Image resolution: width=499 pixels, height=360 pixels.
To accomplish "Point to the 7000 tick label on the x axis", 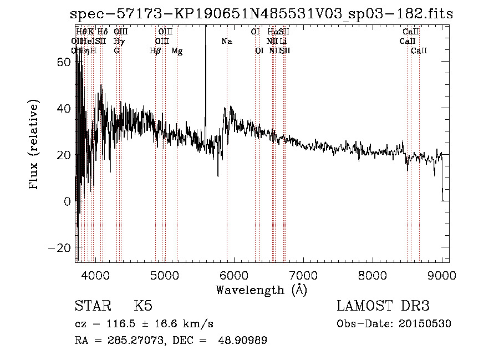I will click(x=303, y=275).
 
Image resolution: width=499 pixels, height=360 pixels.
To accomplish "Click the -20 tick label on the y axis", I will click(x=62, y=247).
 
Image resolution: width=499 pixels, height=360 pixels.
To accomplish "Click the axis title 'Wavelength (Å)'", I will click(x=261, y=290).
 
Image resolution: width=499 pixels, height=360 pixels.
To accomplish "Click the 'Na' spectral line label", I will click(x=227, y=42).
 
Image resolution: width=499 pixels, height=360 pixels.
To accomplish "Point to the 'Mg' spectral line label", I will click(x=177, y=51).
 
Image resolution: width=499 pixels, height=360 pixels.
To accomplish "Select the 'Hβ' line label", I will click(x=155, y=51).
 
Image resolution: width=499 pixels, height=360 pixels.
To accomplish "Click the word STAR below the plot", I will click(x=92, y=306).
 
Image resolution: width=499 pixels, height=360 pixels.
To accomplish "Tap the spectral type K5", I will click(x=143, y=306).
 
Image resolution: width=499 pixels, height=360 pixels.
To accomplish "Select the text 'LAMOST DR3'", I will click(x=383, y=306).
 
